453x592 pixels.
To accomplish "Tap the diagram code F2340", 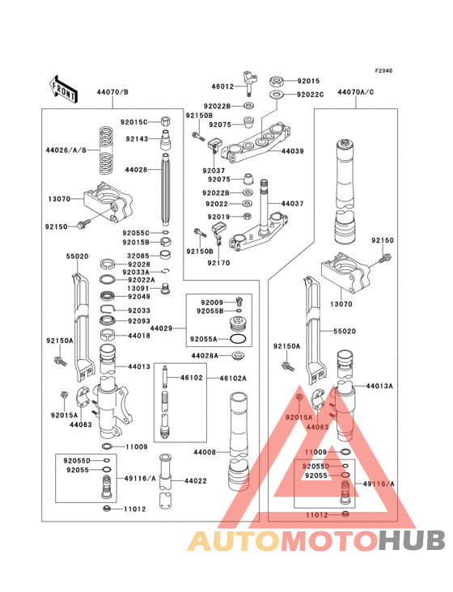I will click(383, 71).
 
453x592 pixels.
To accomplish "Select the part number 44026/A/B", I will click(64, 150).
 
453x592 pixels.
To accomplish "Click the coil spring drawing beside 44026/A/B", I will click(106, 150).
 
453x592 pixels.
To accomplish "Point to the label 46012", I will click(222, 86).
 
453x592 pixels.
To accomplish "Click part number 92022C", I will click(310, 95).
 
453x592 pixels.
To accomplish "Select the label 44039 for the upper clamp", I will click(293, 151).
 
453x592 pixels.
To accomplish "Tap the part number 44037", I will click(293, 204).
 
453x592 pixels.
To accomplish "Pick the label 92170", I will click(218, 263).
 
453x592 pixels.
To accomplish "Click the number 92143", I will click(137, 138).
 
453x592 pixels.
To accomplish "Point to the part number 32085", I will click(137, 256).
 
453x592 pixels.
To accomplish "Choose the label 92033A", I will click(138, 273).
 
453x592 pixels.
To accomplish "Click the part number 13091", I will click(137, 289).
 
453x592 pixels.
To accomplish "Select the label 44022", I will click(197, 481).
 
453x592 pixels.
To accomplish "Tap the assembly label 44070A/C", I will click(357, 94).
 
